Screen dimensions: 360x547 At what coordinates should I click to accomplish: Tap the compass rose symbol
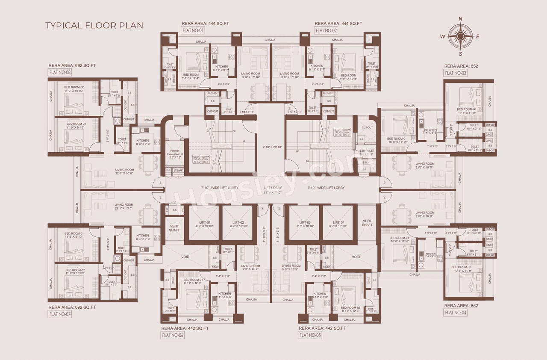[460, 36]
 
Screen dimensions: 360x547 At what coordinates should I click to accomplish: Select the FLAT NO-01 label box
[194, 30]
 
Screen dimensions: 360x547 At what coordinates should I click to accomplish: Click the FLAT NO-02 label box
[326, 30]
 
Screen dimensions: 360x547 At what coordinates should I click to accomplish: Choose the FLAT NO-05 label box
[310, 335]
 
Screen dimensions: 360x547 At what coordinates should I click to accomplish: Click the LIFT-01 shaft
[203, 223]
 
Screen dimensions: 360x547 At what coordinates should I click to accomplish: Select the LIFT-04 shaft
[337, 223]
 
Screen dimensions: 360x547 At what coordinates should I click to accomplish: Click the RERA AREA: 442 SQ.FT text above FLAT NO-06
[185, 328]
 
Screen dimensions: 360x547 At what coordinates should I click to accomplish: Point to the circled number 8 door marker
[161, 183]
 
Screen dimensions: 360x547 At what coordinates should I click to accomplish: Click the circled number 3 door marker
[384, 183]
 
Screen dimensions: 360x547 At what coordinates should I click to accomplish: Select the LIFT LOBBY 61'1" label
[273, 190]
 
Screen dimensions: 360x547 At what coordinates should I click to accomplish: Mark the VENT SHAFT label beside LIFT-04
[367, 222]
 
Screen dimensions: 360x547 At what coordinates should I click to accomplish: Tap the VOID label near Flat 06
[185, 257]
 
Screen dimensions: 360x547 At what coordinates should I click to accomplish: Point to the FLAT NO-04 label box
[456, 313]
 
